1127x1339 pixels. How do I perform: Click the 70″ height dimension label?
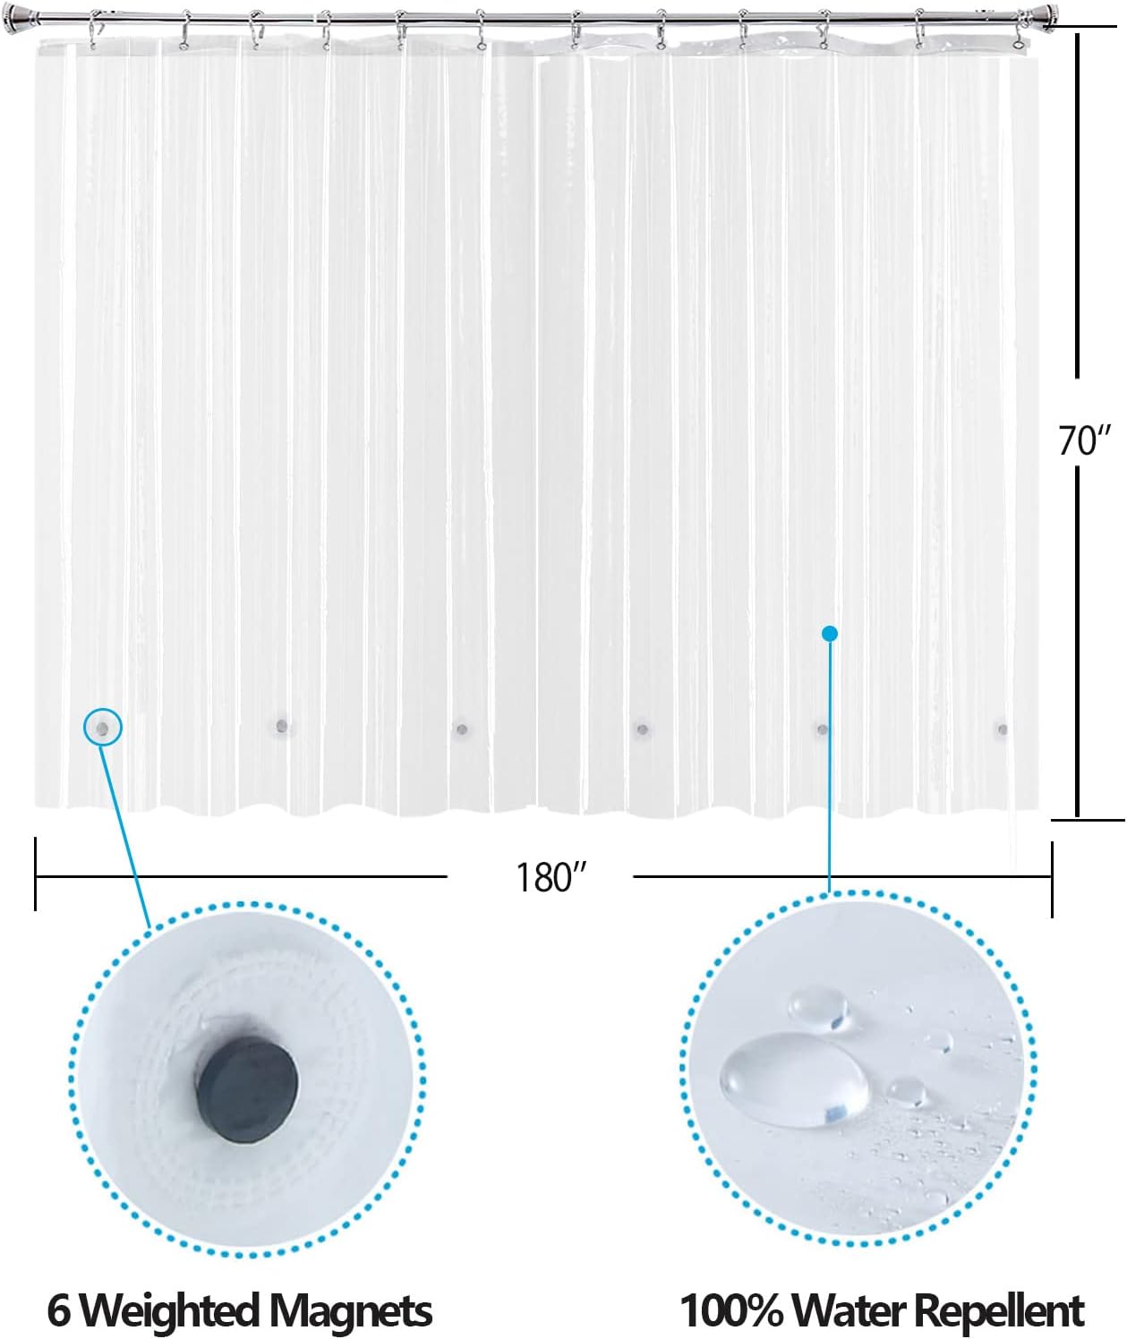1084,440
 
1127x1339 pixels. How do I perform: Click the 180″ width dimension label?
550,877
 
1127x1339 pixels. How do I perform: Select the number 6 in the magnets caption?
59,1310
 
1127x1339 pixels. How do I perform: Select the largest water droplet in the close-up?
794,1079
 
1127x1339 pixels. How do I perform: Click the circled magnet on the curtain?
103,729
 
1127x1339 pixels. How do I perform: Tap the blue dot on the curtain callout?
830,634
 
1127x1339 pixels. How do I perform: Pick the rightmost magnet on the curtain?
1003,729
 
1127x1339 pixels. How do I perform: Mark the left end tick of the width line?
35,874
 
